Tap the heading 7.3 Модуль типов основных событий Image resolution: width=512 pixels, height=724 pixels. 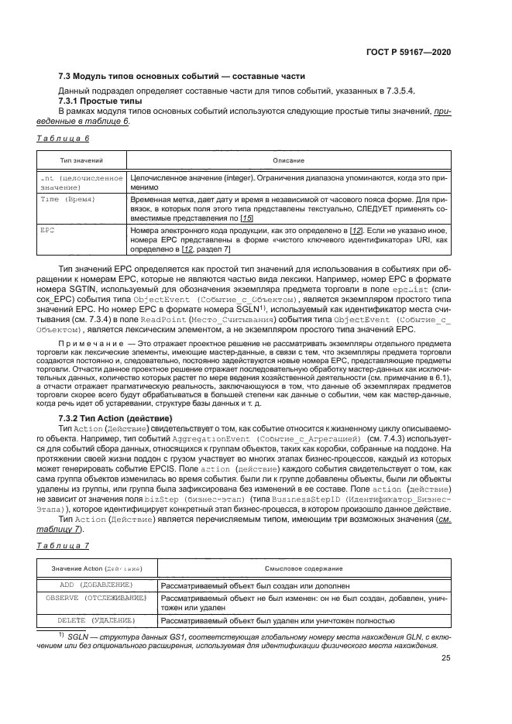pos(182,76)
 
